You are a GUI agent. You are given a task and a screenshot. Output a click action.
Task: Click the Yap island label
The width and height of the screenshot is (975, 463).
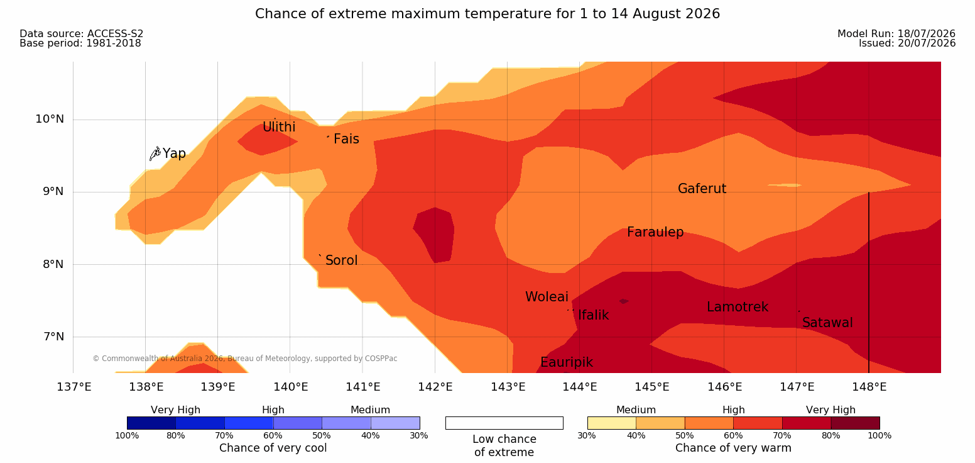pyautogui.click(x=174, y=153)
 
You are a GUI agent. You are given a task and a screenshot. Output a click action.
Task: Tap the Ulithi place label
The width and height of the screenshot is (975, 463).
pyautogui.click(x=279, y=127)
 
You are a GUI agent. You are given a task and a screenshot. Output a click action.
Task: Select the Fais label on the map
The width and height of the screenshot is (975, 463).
pyautogui.click(x=347, y=138)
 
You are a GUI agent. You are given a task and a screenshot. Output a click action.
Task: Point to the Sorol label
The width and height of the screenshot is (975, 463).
pyautogui.click(x=341, y=260)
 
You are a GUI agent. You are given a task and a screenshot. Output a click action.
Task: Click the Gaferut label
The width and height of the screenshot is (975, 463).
pyautogui.click(x=702, y=188)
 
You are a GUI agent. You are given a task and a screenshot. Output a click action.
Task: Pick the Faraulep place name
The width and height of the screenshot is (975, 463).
pyautogui.click(x=655, y=232)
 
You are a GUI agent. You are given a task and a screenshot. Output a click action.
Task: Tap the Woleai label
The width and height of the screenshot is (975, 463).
pyautogui.click(x=547, y=296)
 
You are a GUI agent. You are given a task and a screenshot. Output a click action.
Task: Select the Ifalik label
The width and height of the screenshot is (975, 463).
pyautogui.click(x=593, y=315)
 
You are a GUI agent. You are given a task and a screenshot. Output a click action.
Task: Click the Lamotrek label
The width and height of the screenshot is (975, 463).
pyautogui.click(x=738, y=307)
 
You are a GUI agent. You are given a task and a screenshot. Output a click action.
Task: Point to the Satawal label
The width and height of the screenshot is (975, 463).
pyautogui.click(x=827, y=323)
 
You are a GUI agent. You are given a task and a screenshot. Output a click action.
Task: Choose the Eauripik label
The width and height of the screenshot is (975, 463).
pyautogui.click(x=566, y=362)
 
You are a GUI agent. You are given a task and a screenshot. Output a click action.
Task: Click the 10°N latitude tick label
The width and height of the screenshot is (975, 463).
pyautogui.click(x=50, y=119)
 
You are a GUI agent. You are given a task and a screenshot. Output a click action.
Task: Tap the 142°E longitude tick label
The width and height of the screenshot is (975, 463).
pyautogui.click(x=435, y=387)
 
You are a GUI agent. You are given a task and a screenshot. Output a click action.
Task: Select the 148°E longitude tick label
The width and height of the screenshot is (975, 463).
pyautogui.click(x=869, y=387)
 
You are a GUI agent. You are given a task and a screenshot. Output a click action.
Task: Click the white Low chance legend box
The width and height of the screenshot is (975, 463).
pyautogui.click(x=504, y=423)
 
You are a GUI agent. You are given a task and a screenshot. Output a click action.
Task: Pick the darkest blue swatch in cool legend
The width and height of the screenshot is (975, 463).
pyautogui.click(x=151, y=423)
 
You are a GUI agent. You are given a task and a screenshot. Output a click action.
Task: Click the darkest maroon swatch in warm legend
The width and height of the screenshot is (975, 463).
pyautogui.click(x=855, y=423)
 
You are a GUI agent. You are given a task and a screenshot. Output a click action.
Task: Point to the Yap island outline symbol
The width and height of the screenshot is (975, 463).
pyautogui.click(x=155, y=153)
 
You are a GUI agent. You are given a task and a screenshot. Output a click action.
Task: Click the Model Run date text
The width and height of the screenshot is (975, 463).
pyautogui.click(x=896, y=33)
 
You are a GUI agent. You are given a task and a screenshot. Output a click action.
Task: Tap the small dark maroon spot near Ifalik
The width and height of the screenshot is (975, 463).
pyautogui.click(x=624, y=301)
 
